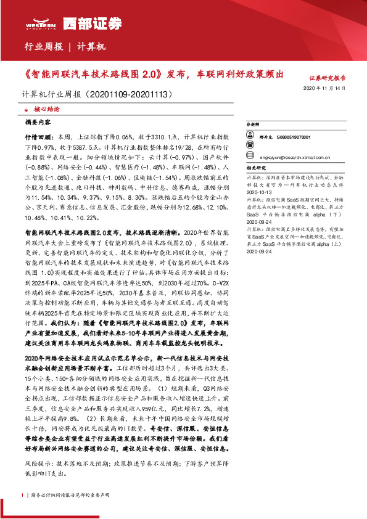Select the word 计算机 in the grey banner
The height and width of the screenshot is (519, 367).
[x=93, y=46]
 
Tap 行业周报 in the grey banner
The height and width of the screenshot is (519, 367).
[x=43, y=46]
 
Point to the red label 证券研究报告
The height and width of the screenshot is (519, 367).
[x=328, y=78]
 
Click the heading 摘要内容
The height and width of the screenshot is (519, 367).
[x=37, y=122]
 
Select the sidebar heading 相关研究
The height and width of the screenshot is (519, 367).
[x=256, y=167]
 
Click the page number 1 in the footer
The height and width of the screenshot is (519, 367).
[x=22, y=495]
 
